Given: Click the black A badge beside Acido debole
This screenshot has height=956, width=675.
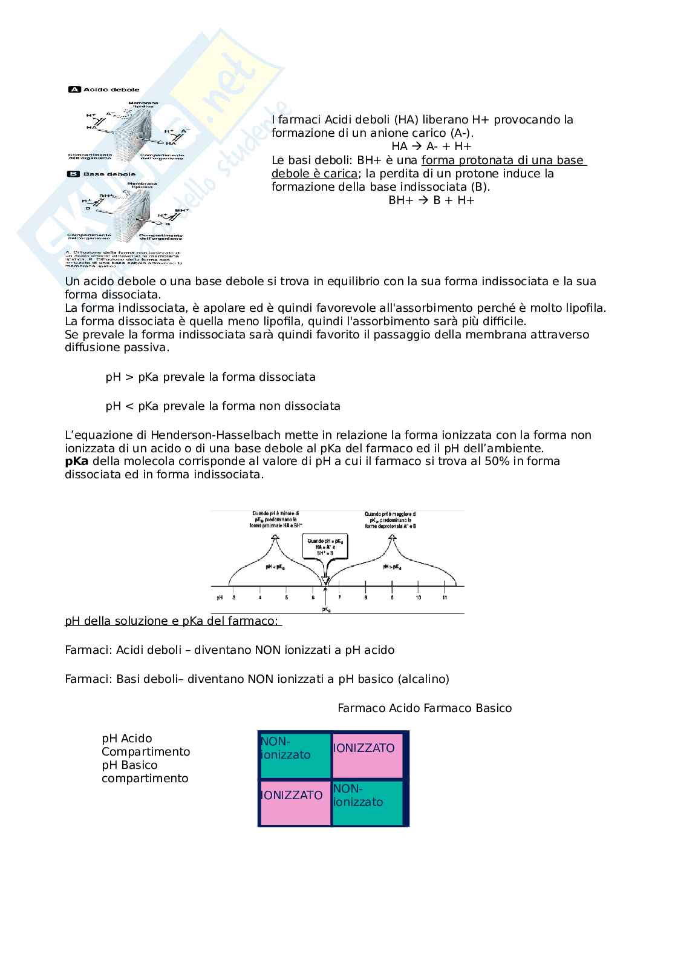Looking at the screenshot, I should coord(75,90).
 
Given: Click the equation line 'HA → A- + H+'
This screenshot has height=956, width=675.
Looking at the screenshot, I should coord(431,147).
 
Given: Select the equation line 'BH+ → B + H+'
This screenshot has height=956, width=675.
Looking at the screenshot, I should coord(431,200).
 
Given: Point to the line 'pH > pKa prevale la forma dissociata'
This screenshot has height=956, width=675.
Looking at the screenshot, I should coord(210,377).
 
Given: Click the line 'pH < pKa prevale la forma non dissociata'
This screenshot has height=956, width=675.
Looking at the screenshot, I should coord(223,406).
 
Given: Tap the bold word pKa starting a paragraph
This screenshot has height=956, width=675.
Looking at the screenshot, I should coord(77,461).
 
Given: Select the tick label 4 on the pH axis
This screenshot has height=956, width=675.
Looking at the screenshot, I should coord(260,598).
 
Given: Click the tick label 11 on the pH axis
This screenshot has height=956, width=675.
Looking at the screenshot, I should coord(445,598).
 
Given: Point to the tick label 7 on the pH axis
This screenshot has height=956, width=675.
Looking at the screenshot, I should coord(339,598).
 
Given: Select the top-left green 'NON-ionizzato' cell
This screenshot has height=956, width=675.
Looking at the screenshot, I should coord(295,754).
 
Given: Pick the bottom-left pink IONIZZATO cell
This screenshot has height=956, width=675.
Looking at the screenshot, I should coord(295,802).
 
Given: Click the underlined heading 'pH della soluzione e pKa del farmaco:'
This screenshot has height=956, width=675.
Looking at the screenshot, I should coord(173,621).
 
